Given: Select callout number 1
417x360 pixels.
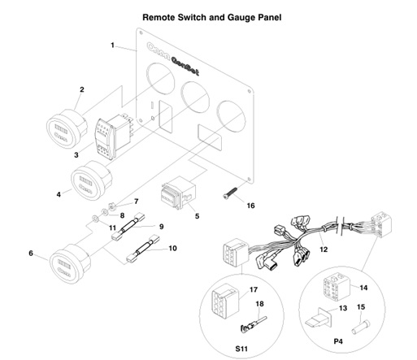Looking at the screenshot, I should coord(113,44).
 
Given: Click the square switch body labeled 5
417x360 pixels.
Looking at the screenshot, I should coord(178,196).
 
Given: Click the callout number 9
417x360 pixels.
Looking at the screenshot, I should coord(161,227).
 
